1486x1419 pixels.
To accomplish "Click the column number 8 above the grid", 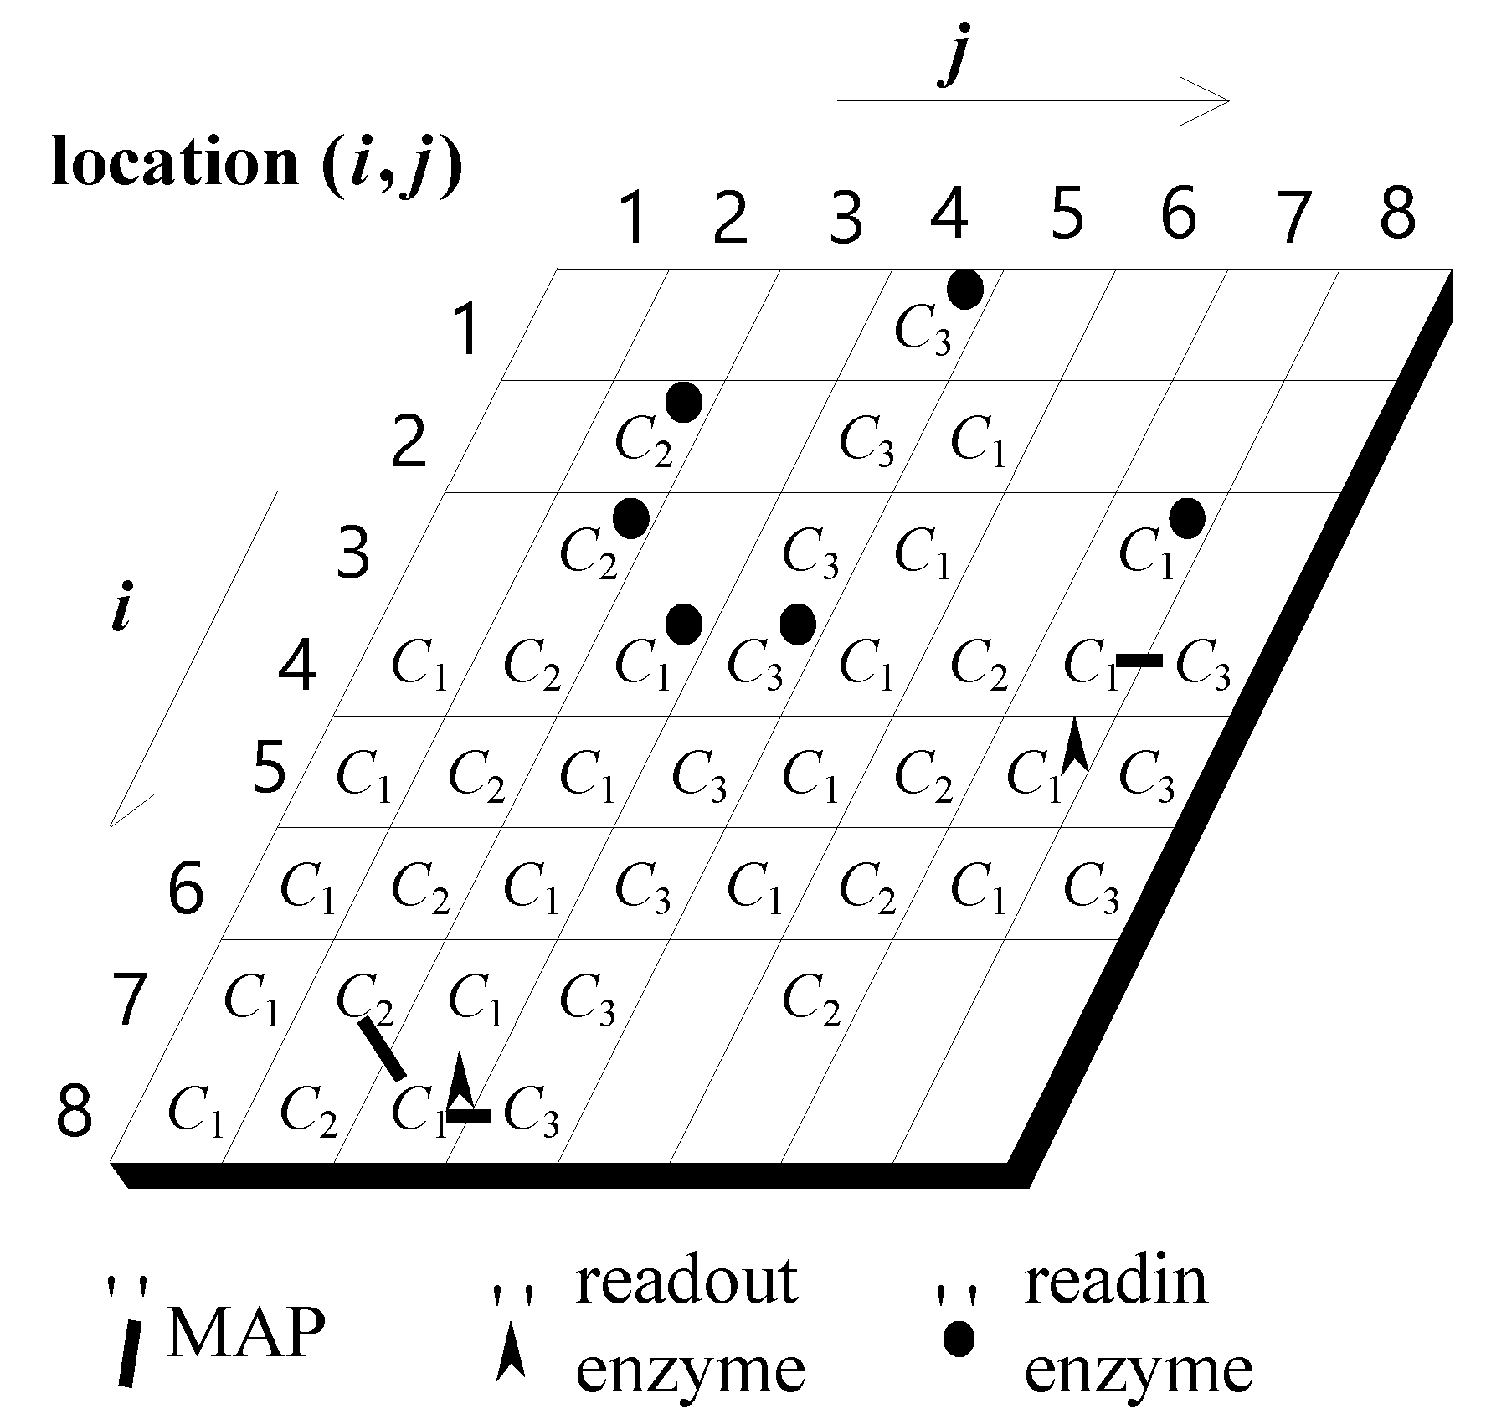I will tap(1397, 214).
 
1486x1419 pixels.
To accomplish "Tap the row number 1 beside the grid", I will tap(465, 331).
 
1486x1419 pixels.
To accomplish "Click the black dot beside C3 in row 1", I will tap(964, 290).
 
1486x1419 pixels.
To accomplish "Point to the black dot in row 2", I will tap(683, 403).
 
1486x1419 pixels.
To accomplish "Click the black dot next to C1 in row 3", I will tap(1186, 518).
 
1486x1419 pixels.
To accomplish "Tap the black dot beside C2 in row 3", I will tap(630, 518).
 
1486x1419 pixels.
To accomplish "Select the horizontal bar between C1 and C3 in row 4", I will tap(1139, 661).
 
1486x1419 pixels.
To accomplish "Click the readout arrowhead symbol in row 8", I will tap(460, 1082).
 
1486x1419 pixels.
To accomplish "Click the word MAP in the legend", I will tap(245, 1334).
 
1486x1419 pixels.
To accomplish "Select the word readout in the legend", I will tap(686, 1282).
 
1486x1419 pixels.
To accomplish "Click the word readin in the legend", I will tap(1116, 1282).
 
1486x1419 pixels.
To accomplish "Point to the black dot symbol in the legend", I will tap(959, 1339).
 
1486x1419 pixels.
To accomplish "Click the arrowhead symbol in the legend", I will tap(510, 1353).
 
